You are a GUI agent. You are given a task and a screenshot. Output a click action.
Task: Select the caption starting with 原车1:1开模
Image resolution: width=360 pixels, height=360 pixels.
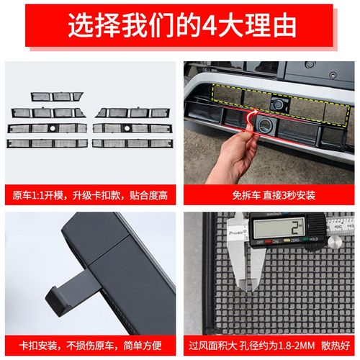pyautogui.click(x=90, y=194)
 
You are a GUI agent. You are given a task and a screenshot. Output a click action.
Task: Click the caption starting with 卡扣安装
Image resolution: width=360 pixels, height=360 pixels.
pyautogui.click(x=90, y=343)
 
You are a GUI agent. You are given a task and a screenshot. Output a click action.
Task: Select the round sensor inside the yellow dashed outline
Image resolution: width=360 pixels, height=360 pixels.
pyautogui.click(x=275, y=104)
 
